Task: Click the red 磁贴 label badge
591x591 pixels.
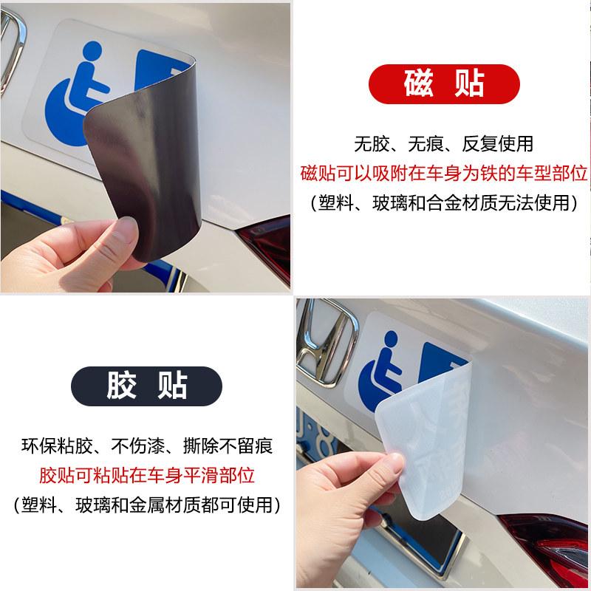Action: coord(444,83)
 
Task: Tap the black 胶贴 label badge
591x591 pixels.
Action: coord(146,385)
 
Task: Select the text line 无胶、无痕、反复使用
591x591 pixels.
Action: coord(443,143)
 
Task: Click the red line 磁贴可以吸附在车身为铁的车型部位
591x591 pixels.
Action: coord(444,173)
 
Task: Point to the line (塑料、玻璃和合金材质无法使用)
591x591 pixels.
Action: coord(444,202)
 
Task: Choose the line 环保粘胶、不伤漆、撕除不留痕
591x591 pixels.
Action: coord(146,445)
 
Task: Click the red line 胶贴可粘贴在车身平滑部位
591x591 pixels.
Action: coord(146,475)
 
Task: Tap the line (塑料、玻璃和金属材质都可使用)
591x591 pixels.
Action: coord(146,505)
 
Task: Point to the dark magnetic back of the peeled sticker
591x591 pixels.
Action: coord(144,170)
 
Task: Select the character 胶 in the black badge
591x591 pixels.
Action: coord(121,385)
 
